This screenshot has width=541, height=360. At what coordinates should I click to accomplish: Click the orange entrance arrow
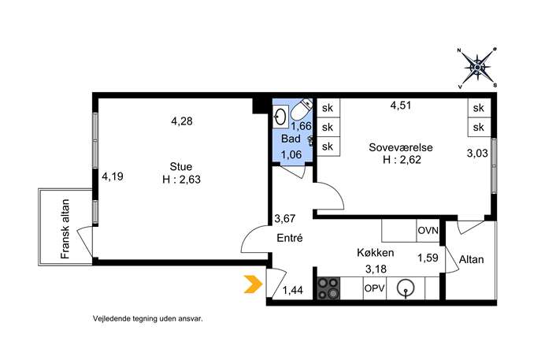pos(254,284)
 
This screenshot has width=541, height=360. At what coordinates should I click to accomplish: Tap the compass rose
pos(477,68)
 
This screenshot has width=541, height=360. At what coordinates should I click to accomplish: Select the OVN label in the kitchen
pos(428,230)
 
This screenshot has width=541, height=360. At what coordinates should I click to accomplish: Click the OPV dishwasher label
pos(375,288)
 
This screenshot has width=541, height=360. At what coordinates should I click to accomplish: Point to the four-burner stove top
pos(329,288)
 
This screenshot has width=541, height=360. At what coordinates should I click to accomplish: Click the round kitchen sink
pos(406,288)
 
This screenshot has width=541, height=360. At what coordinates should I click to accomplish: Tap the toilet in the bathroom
pos(301,109)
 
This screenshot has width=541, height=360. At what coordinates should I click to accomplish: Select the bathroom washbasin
pos(280,116)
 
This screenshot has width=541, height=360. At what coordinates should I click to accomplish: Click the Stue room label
pos(181,167)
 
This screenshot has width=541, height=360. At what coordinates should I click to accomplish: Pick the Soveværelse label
pos(401,147)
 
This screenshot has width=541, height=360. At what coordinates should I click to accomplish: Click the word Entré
pos(290,238)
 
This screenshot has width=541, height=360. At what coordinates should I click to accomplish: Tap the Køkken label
pos(376,253)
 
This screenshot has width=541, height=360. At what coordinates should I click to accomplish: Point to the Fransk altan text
pos(65,229)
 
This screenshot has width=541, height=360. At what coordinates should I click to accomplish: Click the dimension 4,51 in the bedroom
pos(401,106)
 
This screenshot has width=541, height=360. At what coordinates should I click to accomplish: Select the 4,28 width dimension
pos(182,121)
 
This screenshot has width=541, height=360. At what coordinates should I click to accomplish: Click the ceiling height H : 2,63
pos(181,180)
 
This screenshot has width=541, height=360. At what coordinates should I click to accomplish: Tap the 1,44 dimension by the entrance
pos(293,291)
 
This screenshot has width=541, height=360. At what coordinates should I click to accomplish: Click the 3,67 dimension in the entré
pos(285,218)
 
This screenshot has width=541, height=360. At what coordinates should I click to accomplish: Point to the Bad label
pos(291,139)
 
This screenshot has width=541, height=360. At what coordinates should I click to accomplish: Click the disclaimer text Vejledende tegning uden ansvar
pos(148,318)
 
